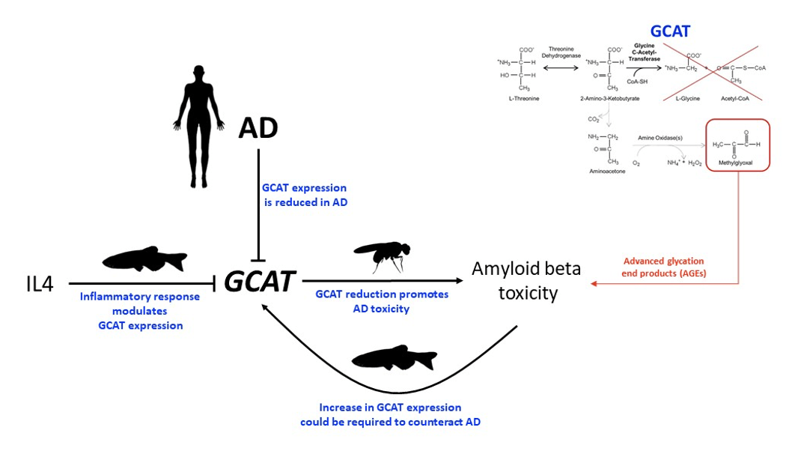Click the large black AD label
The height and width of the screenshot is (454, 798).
coord(258,128)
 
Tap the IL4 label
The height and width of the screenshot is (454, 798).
coord(38,284)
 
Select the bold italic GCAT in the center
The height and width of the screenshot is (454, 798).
coord(258,282)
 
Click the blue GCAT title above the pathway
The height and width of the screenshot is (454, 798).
coord(671,31)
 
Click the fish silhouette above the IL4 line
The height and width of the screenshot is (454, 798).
coord(144,258)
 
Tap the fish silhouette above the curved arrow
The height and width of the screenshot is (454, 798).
coord(394,357)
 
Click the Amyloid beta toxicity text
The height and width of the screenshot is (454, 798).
coord(527,280)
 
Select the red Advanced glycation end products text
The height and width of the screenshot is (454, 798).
coord(664,267)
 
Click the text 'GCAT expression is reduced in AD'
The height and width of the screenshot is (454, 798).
coord(305,195)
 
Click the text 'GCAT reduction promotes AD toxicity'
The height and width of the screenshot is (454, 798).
coord(382,301)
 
